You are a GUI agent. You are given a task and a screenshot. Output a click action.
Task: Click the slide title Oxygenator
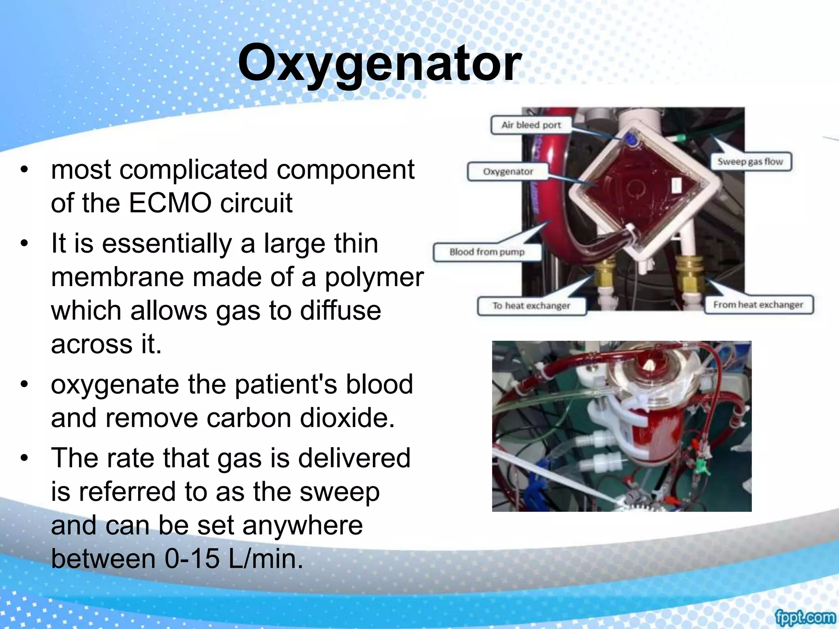coord(379,63)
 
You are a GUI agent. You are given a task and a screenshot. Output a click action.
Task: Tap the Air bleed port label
coord(531,125)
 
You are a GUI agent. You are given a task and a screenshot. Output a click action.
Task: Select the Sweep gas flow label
coord(750,162)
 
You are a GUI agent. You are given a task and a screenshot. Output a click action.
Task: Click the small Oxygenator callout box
coord(508,172)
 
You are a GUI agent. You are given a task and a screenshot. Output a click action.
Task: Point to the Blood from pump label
coord(487,252)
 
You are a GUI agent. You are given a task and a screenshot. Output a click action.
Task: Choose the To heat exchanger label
coord(531,306)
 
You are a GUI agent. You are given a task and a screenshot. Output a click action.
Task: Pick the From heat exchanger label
coord(758,305)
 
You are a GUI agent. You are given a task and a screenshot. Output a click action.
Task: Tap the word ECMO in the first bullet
coord(171,203)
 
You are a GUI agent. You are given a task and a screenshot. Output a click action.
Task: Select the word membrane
coord(118,277)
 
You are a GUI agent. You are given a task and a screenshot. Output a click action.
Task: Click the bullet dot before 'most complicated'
coord(25,170)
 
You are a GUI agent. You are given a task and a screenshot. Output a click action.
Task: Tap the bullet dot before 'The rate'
coord(25,458)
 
